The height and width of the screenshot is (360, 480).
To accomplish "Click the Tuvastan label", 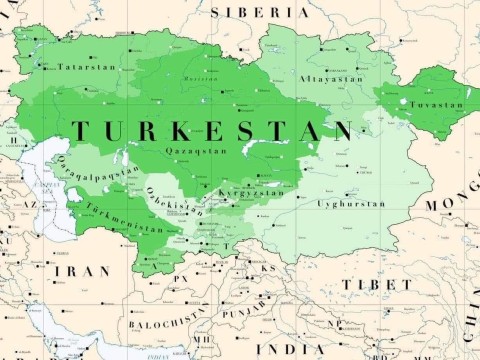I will [439, 104].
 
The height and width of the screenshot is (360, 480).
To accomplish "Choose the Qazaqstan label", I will [189, 151].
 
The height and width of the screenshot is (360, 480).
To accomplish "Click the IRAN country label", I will [81, 271].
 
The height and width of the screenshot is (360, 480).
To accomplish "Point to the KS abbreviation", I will [267, 268].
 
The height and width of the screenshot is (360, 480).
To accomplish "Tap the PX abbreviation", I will [181, 277].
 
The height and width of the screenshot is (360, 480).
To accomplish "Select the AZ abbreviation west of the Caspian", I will [29, 203].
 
